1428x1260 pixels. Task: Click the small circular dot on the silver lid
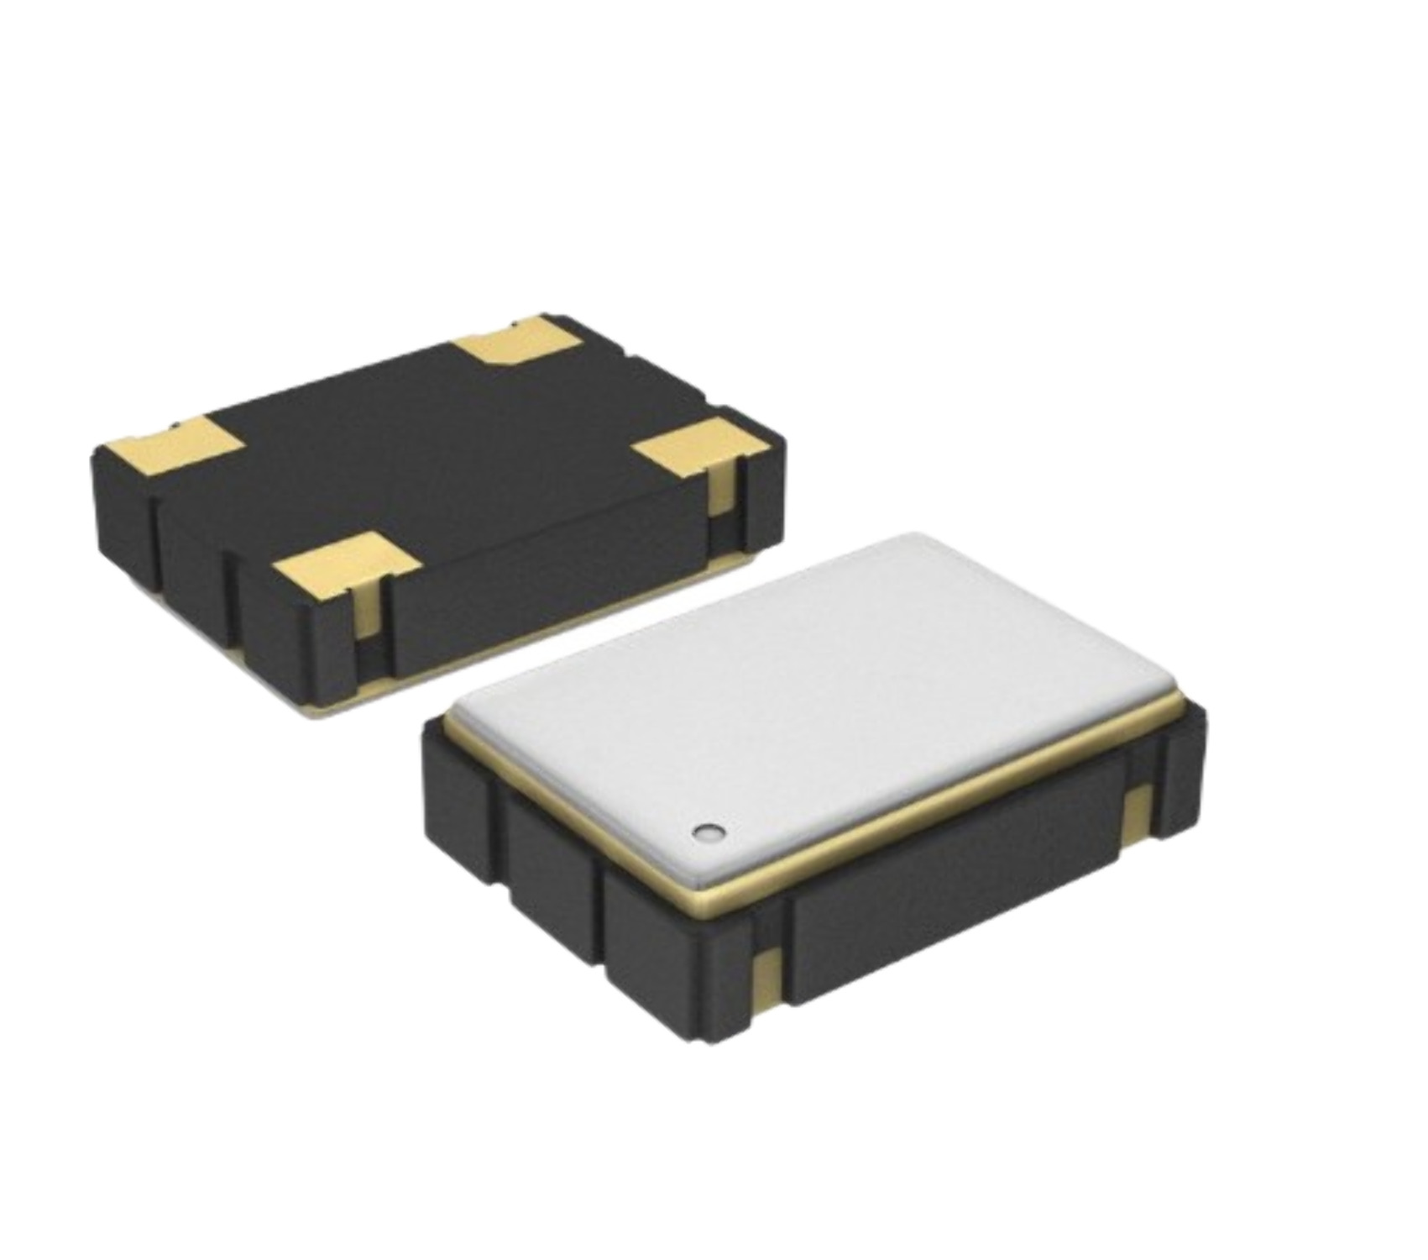(x=708, y=832)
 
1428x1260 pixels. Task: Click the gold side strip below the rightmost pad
(x=720, y=500)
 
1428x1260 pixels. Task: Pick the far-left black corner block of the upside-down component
(x=122, y=512)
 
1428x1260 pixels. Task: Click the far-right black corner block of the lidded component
(x=1180, y=773)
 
